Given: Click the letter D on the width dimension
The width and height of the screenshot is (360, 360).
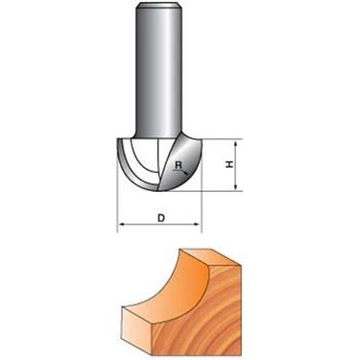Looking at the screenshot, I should [160, 218].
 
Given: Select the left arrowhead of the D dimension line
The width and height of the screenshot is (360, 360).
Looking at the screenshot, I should [121, 228].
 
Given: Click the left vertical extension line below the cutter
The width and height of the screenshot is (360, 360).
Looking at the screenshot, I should [117, 206].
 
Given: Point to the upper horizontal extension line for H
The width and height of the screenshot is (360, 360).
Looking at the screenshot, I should [216, 138].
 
